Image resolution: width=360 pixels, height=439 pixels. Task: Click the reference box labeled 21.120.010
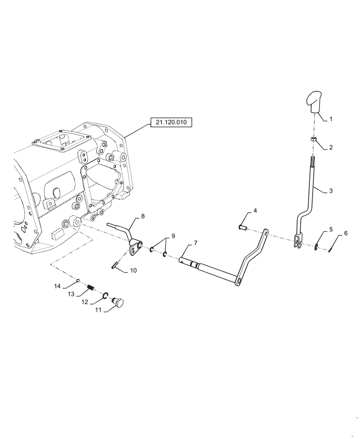pos(170,123)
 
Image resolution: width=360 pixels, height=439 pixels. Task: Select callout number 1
pos(331,119)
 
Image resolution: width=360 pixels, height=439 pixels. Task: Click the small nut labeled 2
pos(313,139)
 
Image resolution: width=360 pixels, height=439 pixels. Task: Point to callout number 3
pos(331,191)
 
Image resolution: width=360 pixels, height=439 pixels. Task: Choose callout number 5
pos(331,230)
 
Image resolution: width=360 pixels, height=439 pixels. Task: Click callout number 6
pos(346,234)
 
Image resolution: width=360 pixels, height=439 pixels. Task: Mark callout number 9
pos(173,236)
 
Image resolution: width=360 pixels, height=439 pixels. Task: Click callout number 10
pos(133,271)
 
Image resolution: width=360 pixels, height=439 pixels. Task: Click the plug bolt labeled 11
pos(119,302)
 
